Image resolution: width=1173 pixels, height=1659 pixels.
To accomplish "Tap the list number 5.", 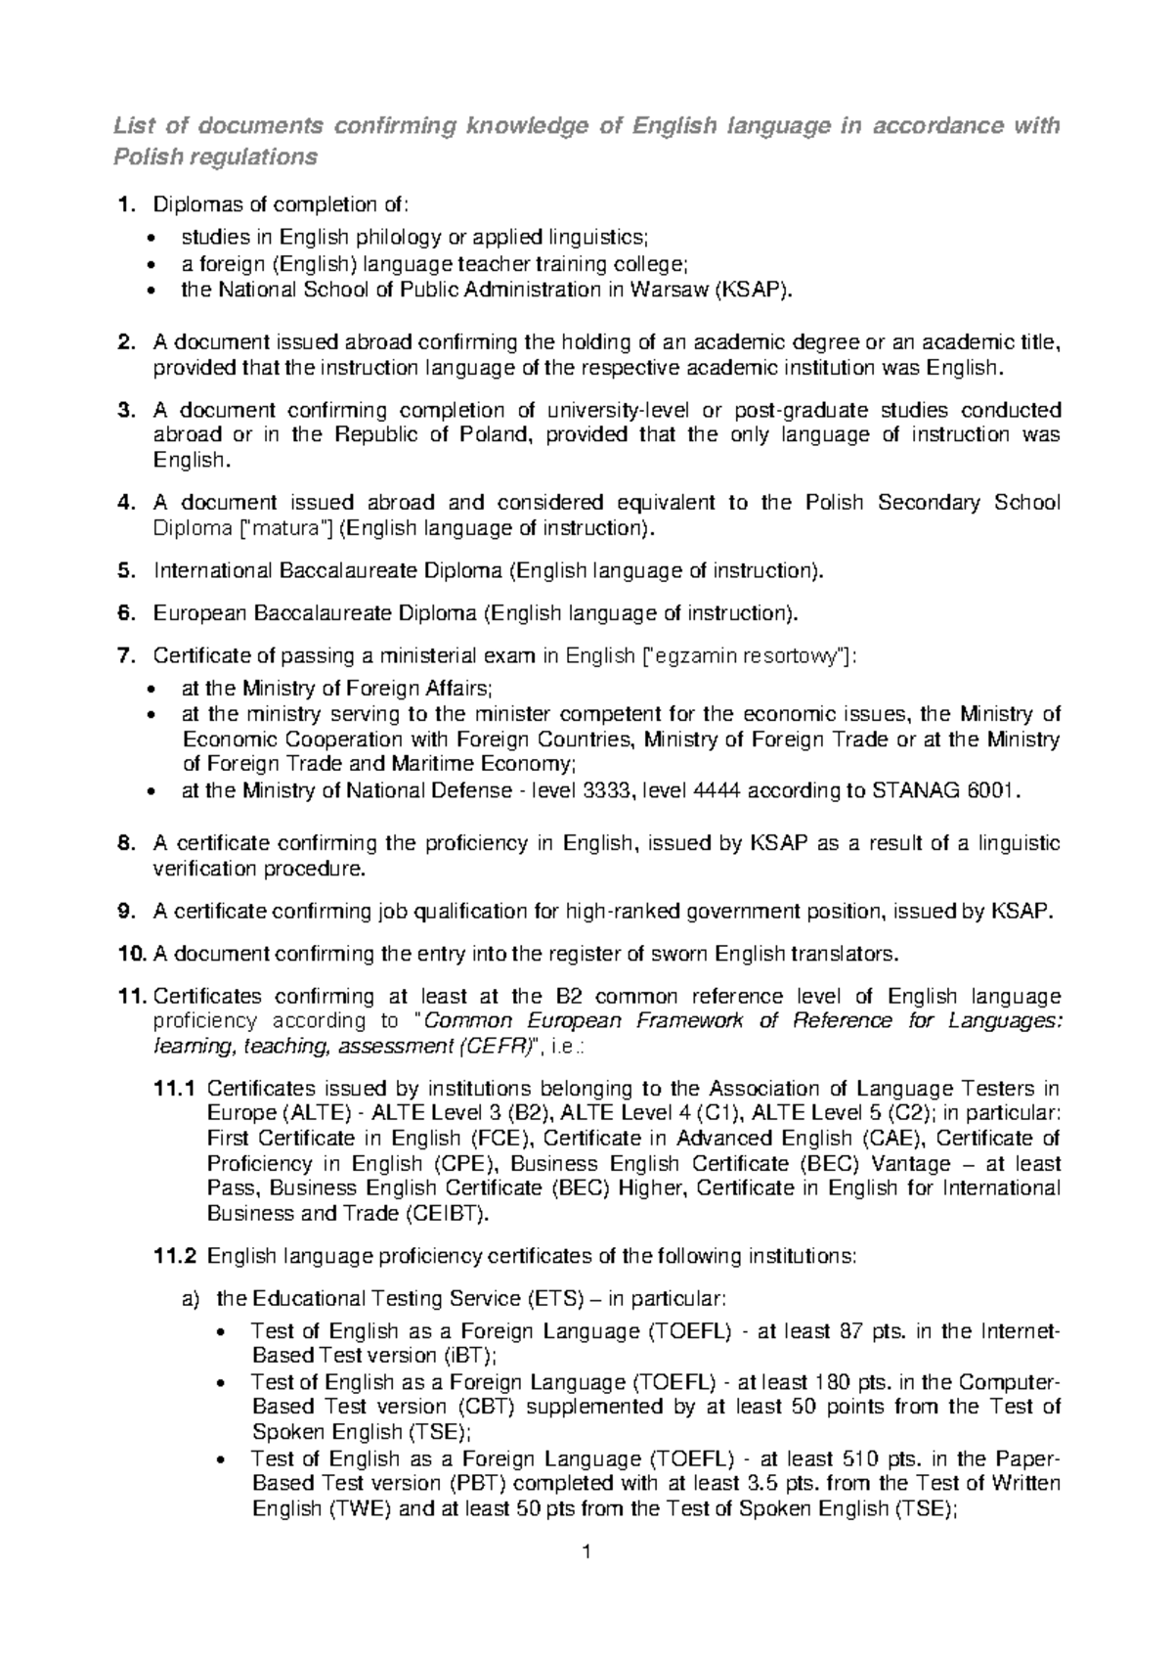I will click(123, 570).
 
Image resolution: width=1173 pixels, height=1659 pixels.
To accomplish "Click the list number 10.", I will click(129, 954).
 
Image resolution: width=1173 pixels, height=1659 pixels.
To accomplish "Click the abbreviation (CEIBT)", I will click(442, 1214).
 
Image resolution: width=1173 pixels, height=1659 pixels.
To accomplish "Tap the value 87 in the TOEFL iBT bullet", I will click(851, 1331).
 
